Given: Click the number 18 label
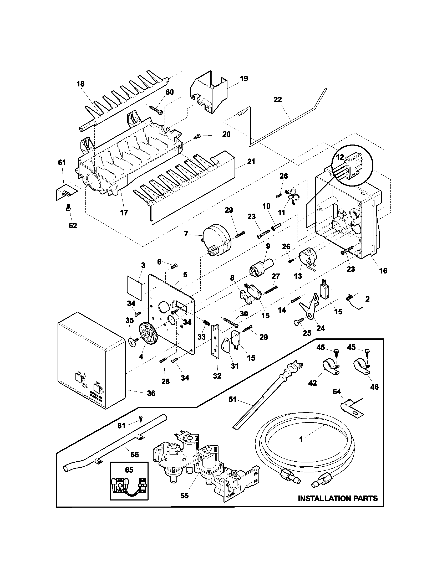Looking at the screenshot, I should pos(80,84).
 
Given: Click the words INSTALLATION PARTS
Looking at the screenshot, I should pos(338,498).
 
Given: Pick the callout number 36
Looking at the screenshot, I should pos(151,400).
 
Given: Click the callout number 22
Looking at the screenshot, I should pos(278,100).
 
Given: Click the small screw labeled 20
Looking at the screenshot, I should pos(197,137).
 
